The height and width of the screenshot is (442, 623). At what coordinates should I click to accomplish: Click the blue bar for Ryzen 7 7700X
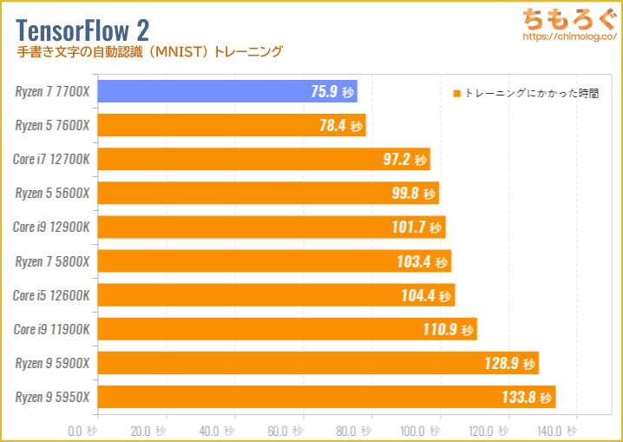click(217, 91)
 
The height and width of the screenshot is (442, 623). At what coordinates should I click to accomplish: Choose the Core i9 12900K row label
click(51, 227)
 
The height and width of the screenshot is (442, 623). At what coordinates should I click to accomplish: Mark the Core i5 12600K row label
click(51, 295)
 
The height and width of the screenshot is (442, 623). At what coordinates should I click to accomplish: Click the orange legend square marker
click(456, 93)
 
